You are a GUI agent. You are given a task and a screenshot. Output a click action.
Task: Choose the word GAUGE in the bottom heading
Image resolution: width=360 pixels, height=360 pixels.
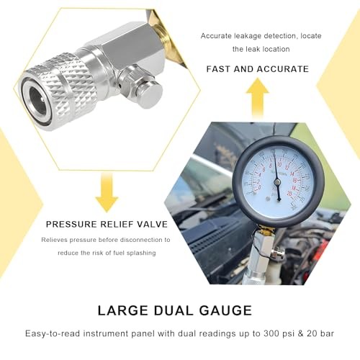tap(226, 310)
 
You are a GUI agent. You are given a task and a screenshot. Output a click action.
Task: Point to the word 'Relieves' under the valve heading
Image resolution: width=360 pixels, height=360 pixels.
tap(55, 240)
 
